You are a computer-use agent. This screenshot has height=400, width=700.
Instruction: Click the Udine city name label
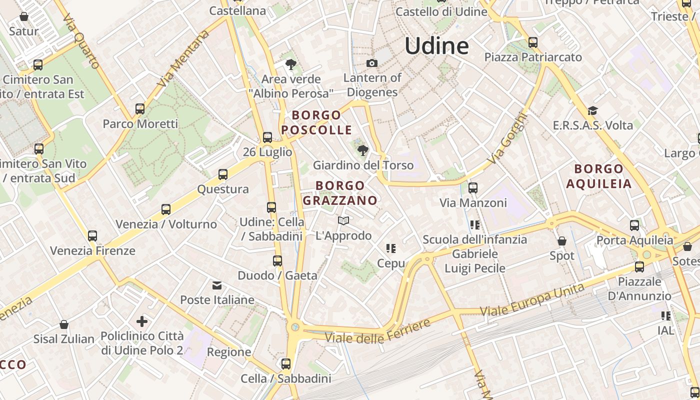436,46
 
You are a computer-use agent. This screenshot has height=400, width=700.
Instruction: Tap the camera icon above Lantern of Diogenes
371,63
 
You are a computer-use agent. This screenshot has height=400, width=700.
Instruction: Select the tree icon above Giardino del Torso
363,150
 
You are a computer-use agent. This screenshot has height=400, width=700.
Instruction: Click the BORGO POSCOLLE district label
316,122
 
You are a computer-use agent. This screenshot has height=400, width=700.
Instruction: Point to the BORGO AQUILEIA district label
599,176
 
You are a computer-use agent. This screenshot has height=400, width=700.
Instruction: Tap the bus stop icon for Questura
223,174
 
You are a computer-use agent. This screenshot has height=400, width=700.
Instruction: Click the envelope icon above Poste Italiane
217,285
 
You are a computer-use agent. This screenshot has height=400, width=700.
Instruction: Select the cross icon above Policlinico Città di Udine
142,321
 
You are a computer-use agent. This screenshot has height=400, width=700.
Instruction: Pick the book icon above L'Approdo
343,220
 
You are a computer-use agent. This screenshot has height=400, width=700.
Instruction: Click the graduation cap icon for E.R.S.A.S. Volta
592,110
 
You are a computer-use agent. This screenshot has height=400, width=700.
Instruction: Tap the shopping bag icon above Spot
562,241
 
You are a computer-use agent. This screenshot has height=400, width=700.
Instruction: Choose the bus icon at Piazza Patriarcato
533,42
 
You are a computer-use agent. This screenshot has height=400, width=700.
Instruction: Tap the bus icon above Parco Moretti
140,108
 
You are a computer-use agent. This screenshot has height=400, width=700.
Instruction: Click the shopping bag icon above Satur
23,16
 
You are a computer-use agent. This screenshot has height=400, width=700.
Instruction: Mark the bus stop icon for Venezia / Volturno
166,209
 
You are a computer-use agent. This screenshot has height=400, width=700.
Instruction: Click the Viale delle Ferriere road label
378,331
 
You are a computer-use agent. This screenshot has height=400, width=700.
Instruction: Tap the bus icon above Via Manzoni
472,188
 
